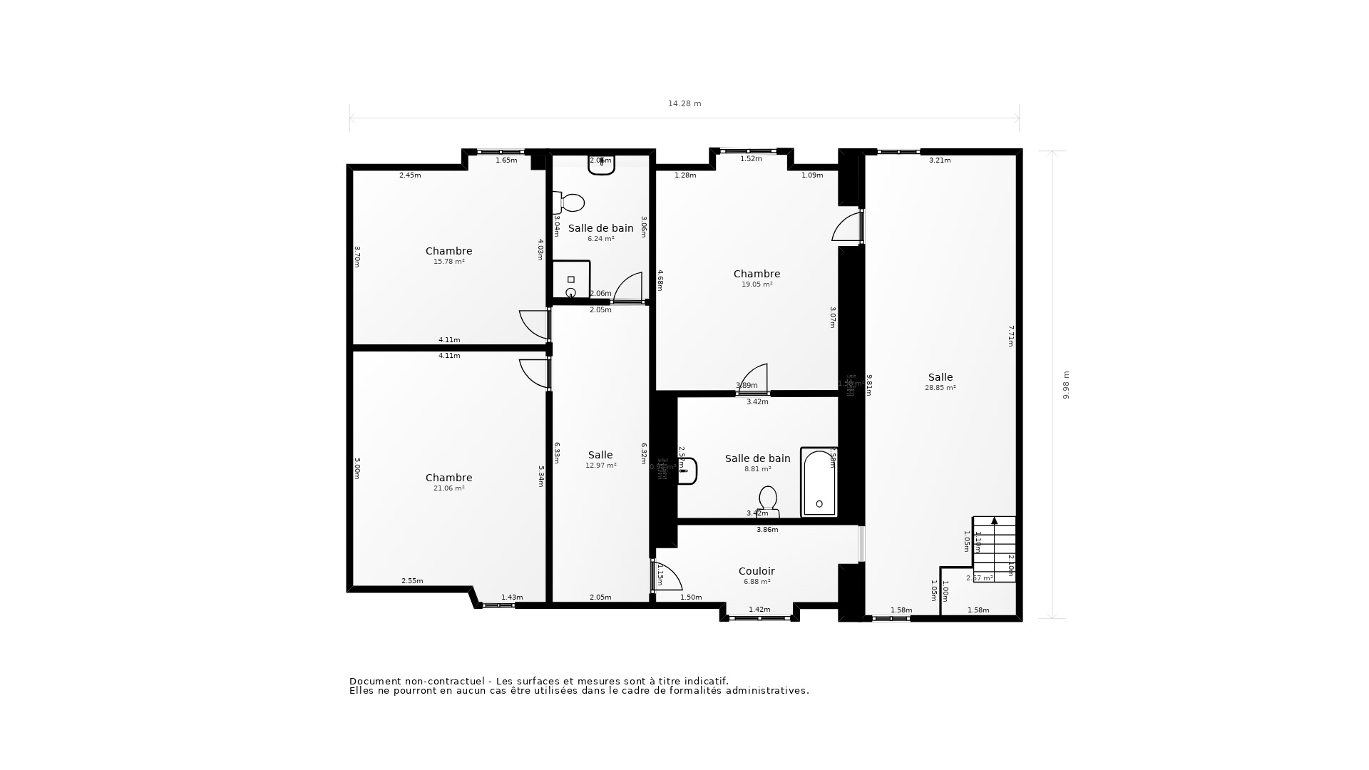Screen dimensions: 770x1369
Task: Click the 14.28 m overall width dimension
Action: (684, 104)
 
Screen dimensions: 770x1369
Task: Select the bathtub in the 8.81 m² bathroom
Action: (819, 483)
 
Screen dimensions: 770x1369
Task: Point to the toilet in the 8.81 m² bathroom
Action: (768, 499)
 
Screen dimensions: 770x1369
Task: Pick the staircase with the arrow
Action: (994, 548)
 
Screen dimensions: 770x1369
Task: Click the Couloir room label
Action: (757, 571)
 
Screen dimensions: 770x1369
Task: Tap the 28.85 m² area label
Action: (940, 388)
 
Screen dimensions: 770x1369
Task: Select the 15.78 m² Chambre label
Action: (448, 251)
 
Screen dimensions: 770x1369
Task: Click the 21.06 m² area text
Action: (448, 488)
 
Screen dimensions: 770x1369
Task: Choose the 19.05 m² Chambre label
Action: (757, 274)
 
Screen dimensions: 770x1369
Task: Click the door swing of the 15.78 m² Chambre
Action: (533, 324)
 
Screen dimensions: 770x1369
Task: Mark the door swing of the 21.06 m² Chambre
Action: (533, 373)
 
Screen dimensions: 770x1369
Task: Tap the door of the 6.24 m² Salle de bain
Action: (628, 288)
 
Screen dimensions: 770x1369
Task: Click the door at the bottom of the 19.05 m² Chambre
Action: (754, 379)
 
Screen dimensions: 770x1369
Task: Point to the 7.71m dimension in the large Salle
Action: (1010, 336)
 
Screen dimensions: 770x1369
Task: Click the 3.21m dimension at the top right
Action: (940, 160)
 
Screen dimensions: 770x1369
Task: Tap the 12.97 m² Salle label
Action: (600, 455)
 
